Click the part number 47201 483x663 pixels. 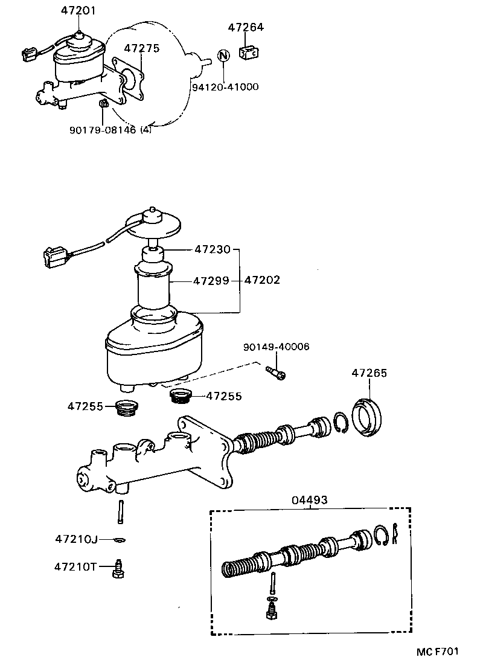(x=78, y=11)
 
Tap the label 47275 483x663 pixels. (x=142, y=48)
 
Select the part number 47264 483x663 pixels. (x=246, y=28)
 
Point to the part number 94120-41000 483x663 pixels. (x=225, y=87)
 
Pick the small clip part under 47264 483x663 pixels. (x=249, y=53)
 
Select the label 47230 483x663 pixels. (x=211, y=248)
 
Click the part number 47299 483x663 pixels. (x=211, y=281)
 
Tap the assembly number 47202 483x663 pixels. (x=263, y=281)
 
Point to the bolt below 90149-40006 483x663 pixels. (x=276, y=373)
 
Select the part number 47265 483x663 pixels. (x=369, y=373)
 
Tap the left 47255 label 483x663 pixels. (x=86, y=406)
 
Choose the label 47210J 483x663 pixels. (x=75, y=538)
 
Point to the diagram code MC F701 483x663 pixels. (x=437, y=652)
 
